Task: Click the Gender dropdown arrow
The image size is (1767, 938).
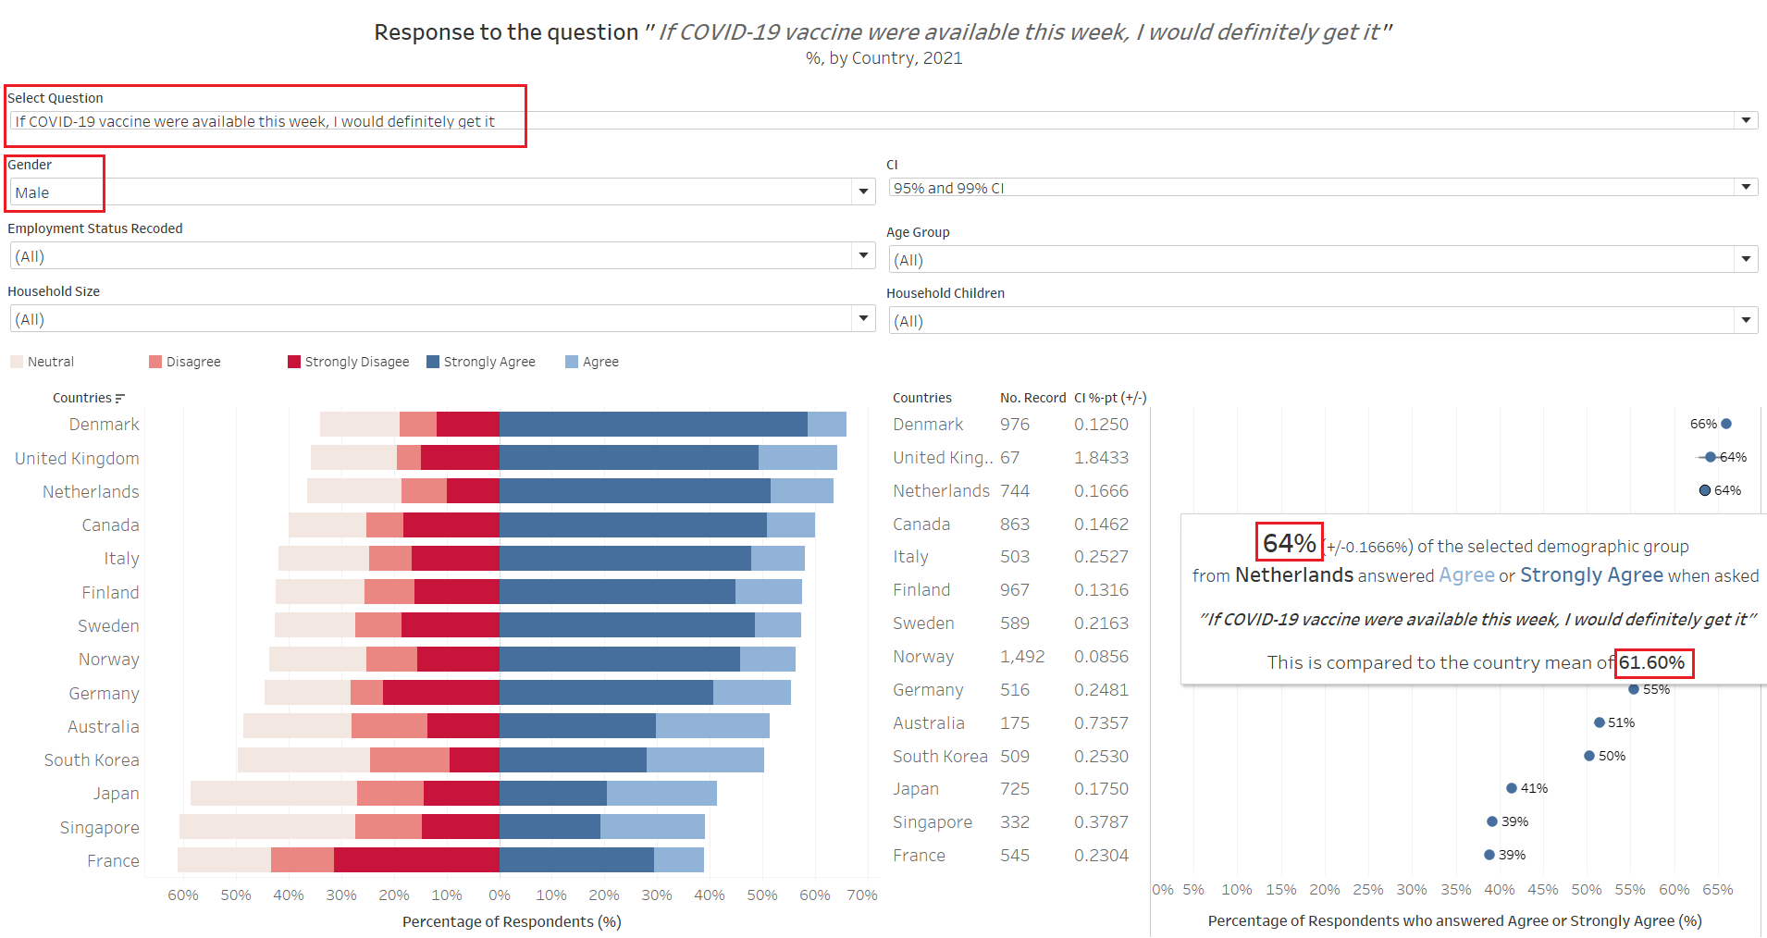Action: click(x=863, y=191)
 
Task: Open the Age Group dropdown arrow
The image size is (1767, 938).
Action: click(x=1746, y=259)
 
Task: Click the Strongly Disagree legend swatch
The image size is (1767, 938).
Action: click(x=294, y=362)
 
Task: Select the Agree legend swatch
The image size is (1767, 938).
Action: click(x=572, y=362)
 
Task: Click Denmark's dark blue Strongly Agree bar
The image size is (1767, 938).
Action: click(x=653, y=425)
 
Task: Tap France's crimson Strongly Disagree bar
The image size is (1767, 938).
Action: click(x=416, y=860)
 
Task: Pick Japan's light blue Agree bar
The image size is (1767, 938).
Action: click(x=661, y=794)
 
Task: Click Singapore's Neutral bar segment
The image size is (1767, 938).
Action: click(x=267, y=827)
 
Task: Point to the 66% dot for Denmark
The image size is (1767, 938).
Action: click(x=1726, y=424)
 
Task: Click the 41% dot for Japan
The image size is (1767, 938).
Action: click(x=1512, y=788)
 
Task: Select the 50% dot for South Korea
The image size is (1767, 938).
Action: click(x=1589, y=756)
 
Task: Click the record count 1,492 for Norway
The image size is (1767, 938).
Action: click(x=1022, y=657)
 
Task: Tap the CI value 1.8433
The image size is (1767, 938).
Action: click(x=1101, y=458)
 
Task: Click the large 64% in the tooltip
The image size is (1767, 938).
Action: click(x=1289, y=543)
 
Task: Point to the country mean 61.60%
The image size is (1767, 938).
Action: click(x=1652, y=663)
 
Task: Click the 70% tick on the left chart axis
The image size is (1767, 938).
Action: click(x=862, y=895)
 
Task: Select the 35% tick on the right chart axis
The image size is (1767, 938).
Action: click(x=1456, y=890)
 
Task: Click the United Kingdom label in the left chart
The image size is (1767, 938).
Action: click(x=78, y=459)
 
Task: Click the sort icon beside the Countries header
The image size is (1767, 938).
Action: click(x=119, y=399)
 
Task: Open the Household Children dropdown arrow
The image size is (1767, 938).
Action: click(x=1746, y=320)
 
